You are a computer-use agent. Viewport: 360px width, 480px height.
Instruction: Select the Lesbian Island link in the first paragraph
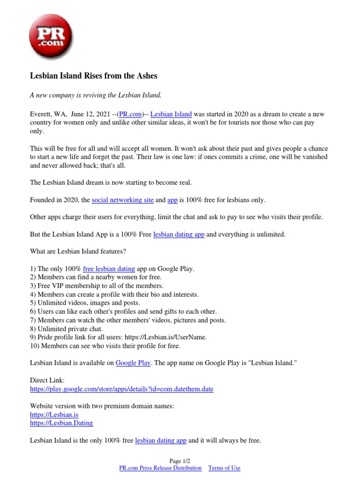(x=171, y=114)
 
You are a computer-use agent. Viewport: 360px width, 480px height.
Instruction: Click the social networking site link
(x=123, y=200)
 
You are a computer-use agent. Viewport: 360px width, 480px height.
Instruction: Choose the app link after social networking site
(x=172, y=200)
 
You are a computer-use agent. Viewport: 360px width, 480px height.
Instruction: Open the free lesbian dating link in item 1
(x=109, y=269)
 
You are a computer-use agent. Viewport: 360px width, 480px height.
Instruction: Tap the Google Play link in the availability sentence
(x=133, y=363)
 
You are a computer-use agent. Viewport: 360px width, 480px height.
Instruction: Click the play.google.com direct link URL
(x=121, y=389)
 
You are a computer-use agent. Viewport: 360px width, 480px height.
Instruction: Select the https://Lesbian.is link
(x=54, y=415)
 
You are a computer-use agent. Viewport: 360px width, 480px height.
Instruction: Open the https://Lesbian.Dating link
(x=61, y=423)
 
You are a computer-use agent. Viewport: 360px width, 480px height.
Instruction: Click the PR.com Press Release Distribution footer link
(x=161, y=468)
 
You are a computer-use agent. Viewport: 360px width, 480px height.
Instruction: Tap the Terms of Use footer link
(x=224, y=468)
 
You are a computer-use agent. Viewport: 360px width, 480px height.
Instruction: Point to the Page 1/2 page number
(x=180, y=461)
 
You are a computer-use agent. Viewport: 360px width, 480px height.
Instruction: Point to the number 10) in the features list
(x=35, y=346)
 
